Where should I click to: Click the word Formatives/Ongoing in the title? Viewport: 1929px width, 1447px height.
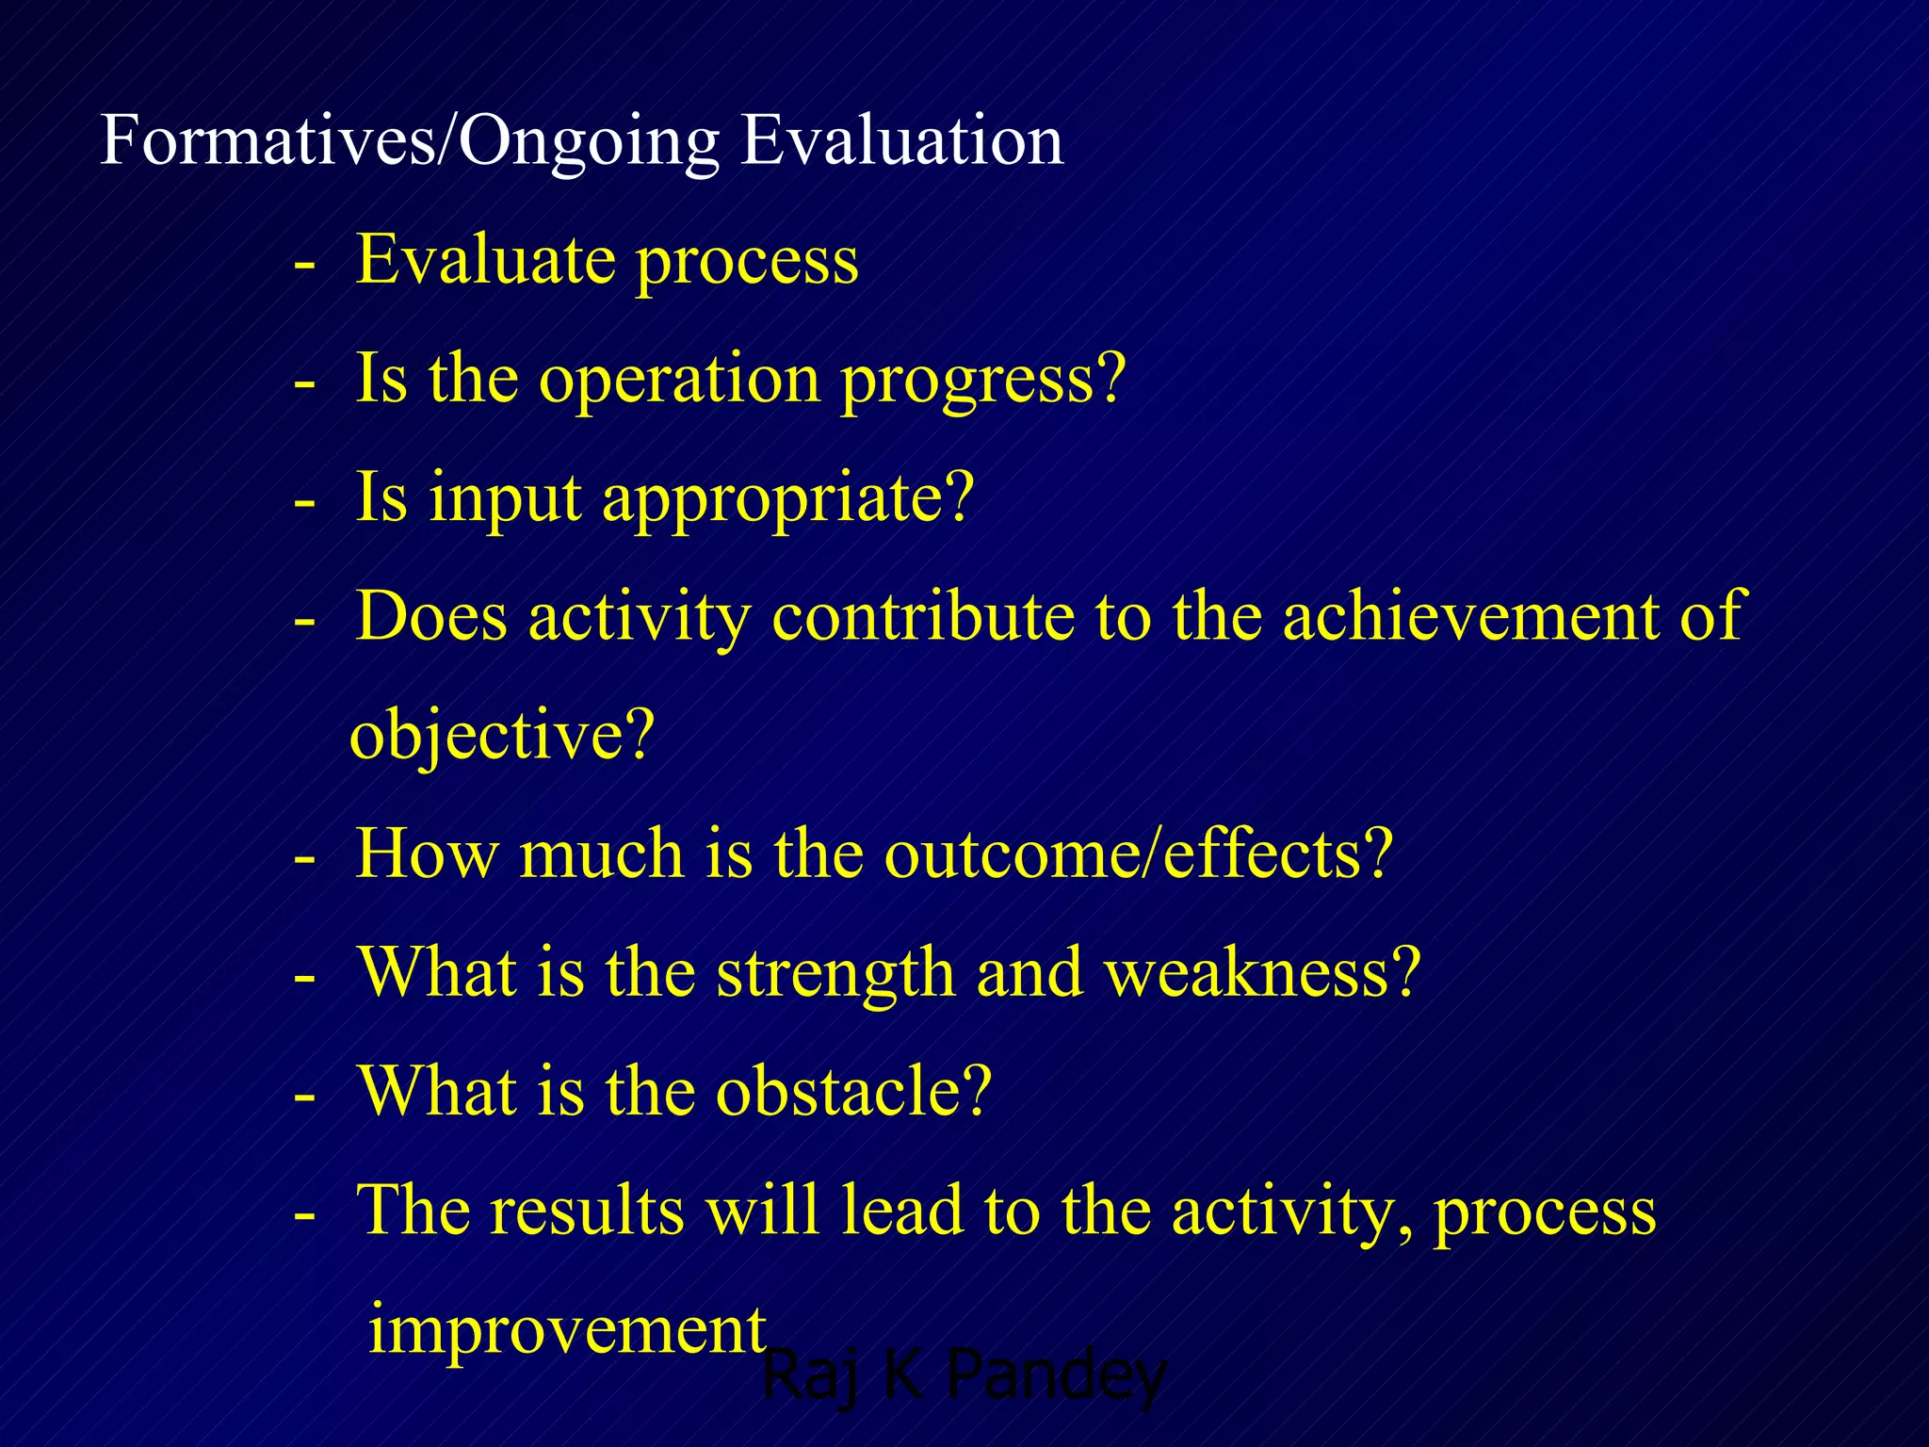[410, 141]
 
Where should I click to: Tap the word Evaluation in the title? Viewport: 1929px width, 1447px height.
[901, 141]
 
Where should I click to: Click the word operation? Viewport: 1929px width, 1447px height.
[678, 380]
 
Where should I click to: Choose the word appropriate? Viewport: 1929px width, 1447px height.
[786, 499]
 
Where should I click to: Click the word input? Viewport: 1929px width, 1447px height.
[505, 499]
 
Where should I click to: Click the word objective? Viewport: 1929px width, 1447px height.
[501, 736]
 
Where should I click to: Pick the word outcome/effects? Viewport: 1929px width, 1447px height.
[1138, 854]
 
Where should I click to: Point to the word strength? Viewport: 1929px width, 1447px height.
[835, 974]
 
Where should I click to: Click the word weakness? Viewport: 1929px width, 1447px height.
[1262, 973]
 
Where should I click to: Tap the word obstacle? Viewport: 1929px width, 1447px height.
[853, 1092]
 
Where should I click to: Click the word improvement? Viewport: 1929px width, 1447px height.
[566, 1329]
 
